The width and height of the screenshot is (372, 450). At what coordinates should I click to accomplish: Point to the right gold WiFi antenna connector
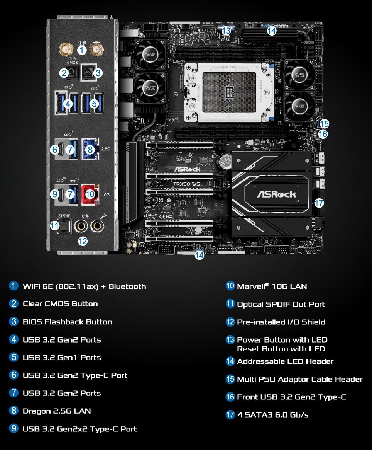pyautogui.click(x=96, y=49)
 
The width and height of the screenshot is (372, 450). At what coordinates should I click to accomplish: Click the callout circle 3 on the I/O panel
pyautogui.click(x=98, y=72)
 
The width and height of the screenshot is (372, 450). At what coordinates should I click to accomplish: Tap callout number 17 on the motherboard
pyautogui.click(x=319, y=203)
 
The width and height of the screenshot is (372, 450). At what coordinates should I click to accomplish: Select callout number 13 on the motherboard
pyautogui.click(x=227, y=31)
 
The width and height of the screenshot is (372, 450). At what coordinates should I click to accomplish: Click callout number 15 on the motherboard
pyautogui.click(x=324, y=124)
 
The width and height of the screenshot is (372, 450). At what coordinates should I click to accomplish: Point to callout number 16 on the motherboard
pyautogui.click(x=323, y=134)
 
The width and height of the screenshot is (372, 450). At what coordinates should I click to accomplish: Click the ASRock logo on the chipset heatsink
pyautogui.click(x=277, y=194)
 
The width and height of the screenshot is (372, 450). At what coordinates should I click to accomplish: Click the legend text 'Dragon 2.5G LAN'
pyautogui.click(x=57, y=411)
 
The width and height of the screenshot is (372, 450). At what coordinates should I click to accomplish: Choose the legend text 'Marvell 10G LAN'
pyautogui.click(x=272, y=286)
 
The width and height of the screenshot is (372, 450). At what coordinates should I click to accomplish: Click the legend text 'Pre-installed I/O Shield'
pyautogui.click(x=281, y=322)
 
